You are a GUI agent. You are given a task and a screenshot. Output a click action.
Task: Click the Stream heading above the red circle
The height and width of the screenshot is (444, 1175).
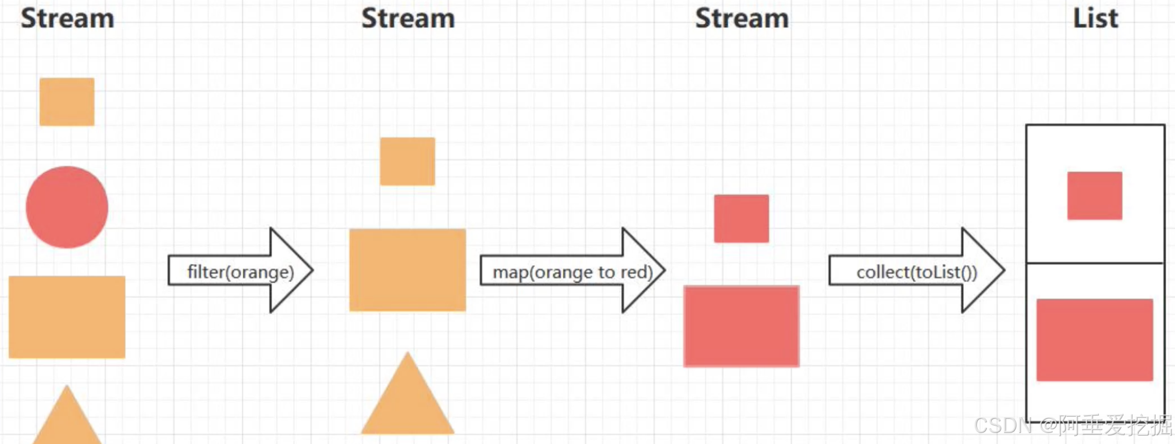67,18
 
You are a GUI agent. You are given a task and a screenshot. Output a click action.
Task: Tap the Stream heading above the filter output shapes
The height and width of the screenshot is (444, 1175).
408,18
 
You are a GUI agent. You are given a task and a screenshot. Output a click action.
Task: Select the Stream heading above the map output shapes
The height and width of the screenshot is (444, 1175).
741,18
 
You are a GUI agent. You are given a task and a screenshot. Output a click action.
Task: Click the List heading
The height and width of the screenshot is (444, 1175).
1095,18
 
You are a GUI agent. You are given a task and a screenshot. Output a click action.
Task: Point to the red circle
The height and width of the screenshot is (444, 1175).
67,207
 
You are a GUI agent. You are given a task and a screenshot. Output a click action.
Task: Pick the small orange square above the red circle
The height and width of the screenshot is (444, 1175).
67,102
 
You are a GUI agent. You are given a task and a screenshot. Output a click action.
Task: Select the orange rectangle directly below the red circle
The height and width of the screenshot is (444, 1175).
67,317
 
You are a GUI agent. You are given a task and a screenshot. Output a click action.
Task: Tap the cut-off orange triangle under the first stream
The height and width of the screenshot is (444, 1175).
67,421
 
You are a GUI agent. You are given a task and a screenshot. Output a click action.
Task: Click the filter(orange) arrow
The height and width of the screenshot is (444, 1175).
240,271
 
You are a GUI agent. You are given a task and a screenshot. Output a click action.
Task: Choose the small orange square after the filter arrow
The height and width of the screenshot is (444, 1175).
407,161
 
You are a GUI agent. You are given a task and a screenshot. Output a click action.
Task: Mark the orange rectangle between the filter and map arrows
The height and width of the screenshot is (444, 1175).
407,270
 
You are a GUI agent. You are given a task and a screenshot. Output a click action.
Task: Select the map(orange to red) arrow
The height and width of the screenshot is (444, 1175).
572,271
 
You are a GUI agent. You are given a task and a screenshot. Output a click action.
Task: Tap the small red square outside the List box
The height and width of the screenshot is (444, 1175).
741,218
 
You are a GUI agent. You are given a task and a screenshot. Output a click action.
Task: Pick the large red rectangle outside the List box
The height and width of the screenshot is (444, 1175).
741,326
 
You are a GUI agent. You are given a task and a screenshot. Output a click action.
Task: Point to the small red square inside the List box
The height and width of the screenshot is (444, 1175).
1095,196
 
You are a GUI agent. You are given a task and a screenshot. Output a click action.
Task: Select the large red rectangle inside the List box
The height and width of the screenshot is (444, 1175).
1095,340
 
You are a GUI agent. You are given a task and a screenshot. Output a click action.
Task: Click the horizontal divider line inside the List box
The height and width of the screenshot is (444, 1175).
1095,263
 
